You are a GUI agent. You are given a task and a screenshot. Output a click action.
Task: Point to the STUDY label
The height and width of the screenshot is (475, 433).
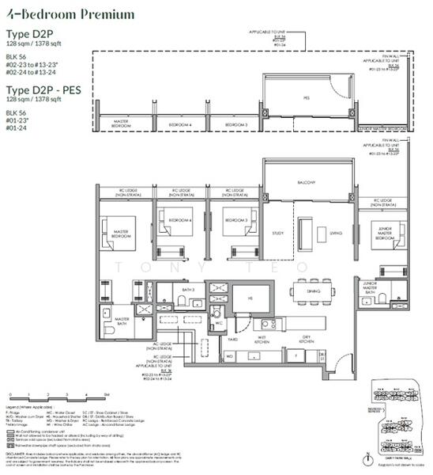pyautogui.click(x=277, y=233)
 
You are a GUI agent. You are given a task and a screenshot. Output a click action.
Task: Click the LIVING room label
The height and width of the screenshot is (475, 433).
pyautogui.click(x=335, y=233)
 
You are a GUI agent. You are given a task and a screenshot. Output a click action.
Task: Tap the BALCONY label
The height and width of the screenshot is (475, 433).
pyautogui.click(x=307, y=182)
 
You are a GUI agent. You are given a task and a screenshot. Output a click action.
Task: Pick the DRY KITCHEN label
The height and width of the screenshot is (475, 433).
pyautogui.click(x=307, y=340)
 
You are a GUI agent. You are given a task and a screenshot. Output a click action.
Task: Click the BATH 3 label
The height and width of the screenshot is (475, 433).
pyautogui.click(x=187, y=291)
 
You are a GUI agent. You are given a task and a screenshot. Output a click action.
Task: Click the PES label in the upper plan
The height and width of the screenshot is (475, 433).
pyautogui.click(x=306, y=99)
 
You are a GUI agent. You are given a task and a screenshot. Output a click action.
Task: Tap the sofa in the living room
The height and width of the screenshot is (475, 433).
pyautogui.click(x=321, y=233)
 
